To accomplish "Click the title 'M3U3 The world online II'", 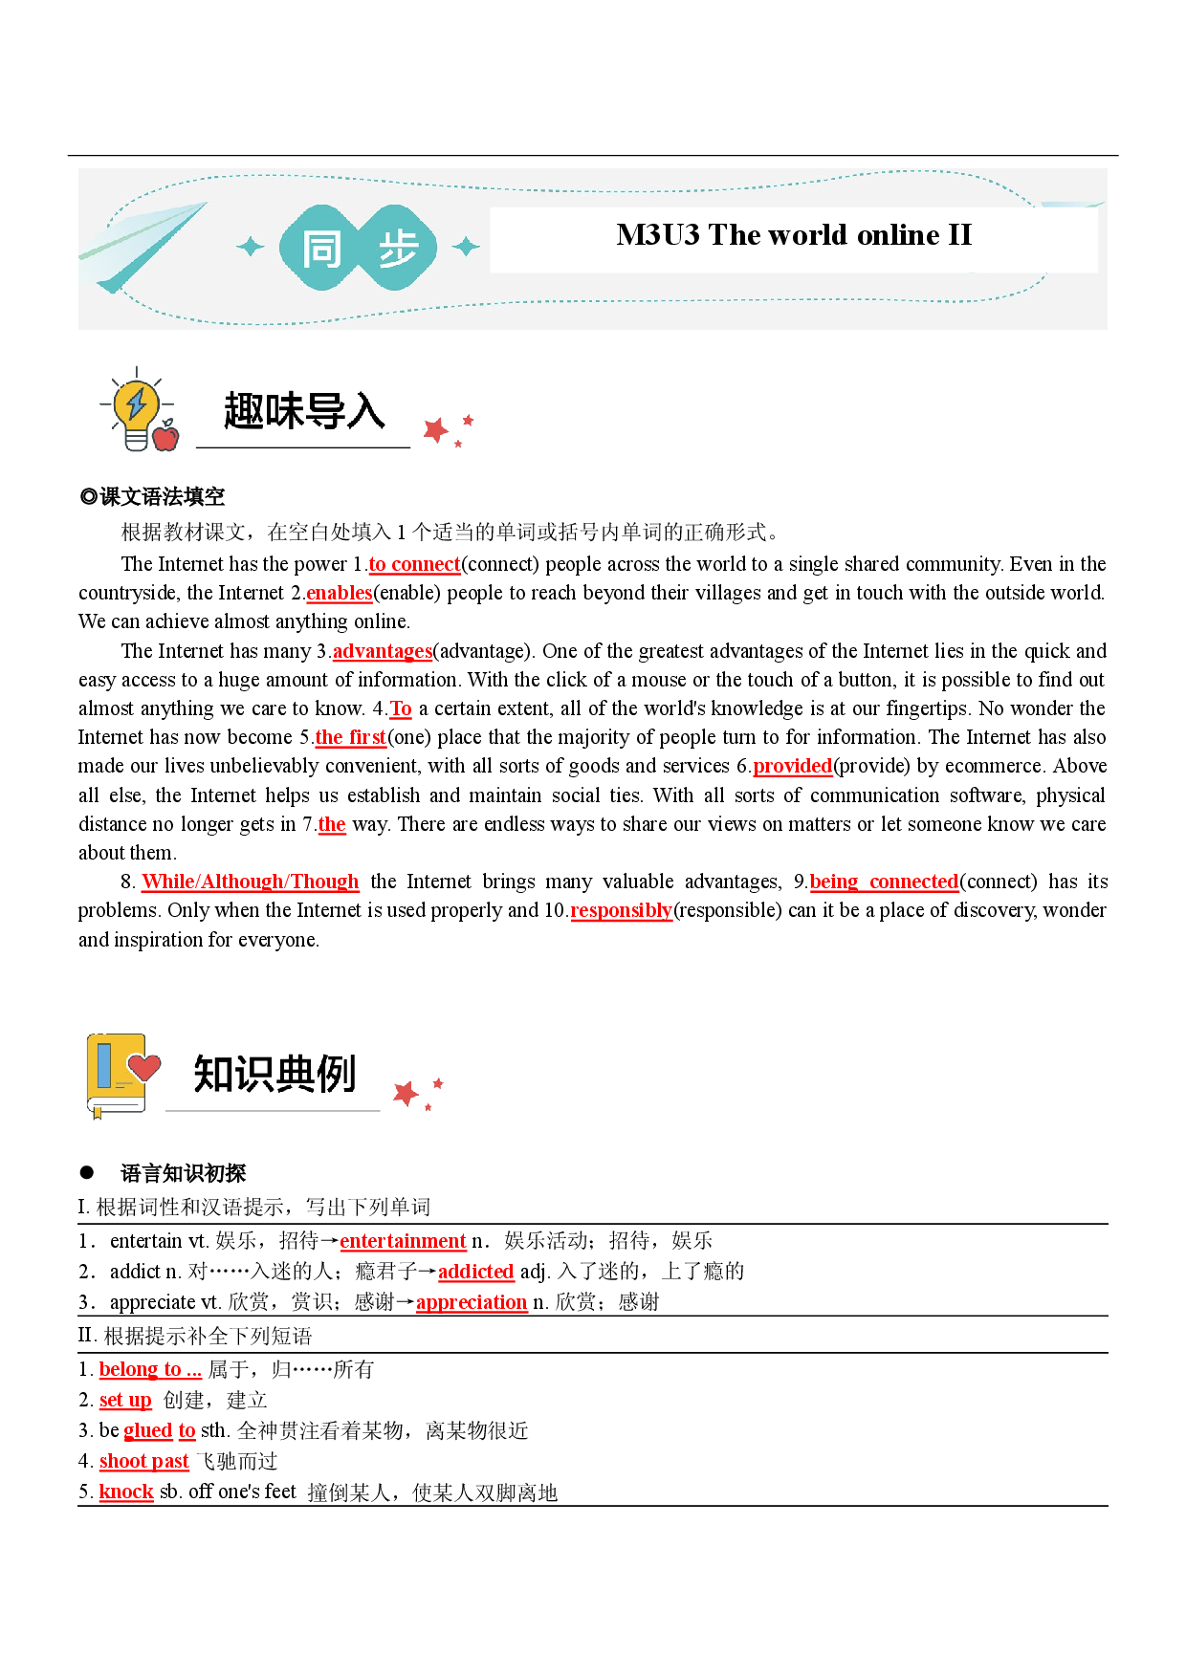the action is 794,234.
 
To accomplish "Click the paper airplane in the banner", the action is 143,246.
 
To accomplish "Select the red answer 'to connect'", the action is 415,564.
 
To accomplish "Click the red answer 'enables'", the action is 340,593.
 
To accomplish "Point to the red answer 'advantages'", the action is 383,651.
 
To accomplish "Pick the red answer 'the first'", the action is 351,737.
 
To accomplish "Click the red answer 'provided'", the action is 793,766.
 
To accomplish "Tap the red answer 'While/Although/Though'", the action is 251,882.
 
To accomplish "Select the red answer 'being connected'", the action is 885,882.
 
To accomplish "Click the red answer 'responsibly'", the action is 622,910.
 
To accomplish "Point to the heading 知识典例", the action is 275,1074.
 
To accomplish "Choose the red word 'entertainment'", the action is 403,1241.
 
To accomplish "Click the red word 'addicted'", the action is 476,1272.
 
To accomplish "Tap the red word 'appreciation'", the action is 472,1302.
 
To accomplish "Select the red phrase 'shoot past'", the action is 144,1461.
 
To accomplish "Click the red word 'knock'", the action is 126,1492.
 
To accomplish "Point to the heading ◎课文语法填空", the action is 152,496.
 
